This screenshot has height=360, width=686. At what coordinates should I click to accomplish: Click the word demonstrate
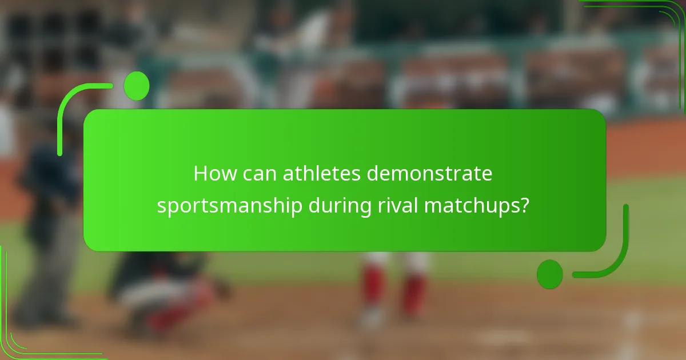click(429, 174)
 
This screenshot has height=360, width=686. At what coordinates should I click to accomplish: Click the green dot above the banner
click(137, 86)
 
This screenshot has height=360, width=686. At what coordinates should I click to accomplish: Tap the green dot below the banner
click(550, 274)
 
